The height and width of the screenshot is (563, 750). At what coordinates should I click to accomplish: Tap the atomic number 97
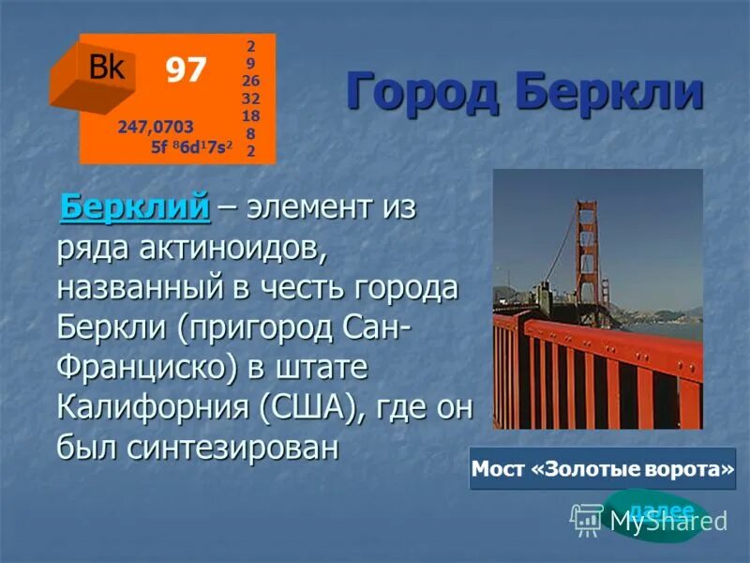(x=186, y=69)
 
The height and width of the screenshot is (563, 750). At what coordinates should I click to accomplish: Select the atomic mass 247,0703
(x=156, y=127)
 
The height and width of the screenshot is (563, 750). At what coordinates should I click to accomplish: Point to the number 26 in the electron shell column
(x=250, y=81)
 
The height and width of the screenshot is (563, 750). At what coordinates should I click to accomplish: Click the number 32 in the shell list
(x=250, y=99)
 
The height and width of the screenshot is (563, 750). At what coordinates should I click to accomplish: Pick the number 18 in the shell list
(x=250, y=115)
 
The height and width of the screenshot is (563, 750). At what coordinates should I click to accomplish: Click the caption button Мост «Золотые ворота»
(x=602, y=468)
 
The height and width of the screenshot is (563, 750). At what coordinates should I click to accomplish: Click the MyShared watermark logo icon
(x=587, y=518)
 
